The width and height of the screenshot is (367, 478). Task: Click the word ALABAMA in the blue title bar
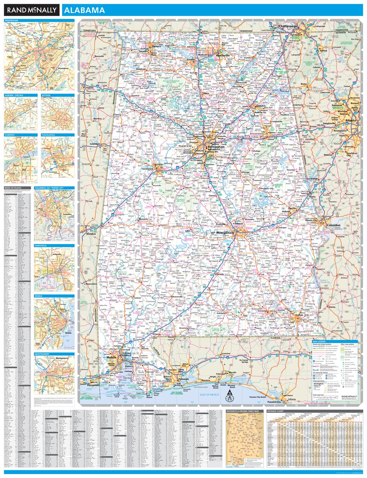[x=84, y=10]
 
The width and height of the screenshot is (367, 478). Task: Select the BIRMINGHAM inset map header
[x=12, y=20]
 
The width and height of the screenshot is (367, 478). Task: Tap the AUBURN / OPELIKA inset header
[x=15, y=95]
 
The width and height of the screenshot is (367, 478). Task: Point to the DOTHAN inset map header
[x=47, y=95]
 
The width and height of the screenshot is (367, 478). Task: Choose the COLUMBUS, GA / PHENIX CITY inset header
[x=49, y=188]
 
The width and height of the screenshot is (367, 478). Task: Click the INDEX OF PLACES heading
[x=14, y=188]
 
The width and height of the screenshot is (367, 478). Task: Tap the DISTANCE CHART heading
[x=277, y=411]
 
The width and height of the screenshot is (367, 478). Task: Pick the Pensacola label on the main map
[x=184, y=379]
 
